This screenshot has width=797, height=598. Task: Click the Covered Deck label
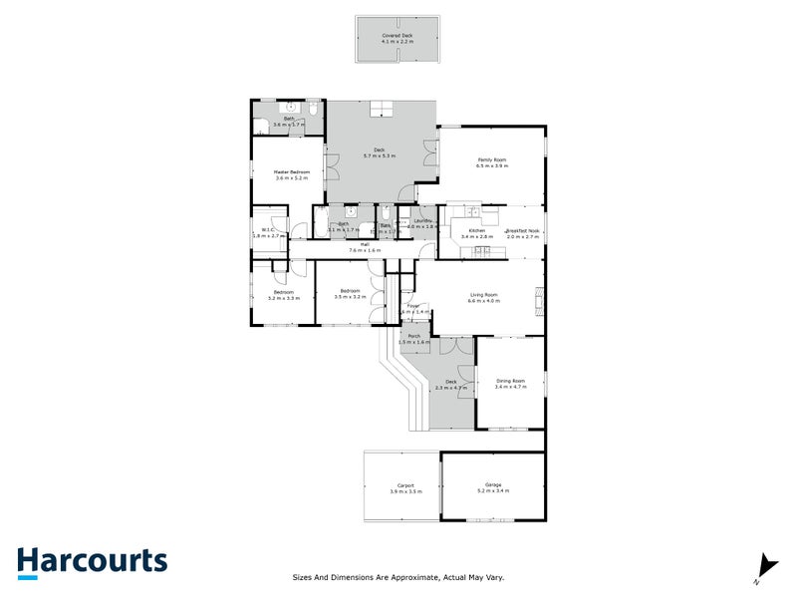pos(397,35)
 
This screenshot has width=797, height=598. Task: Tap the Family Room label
pos(492,159)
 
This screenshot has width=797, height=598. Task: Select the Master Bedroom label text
pos(292,171)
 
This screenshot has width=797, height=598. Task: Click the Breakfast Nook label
pos(522,231)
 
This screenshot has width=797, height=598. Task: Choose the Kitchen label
pos(477,231)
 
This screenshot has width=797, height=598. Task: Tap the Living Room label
pos(484,294)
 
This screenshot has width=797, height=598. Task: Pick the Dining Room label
pos(509,380)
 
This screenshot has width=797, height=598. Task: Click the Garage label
pos(494,485)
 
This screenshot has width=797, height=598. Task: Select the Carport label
pos(405,485)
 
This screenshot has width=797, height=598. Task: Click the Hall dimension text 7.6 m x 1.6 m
pos(366,250)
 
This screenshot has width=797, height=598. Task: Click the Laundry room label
pos(422,220)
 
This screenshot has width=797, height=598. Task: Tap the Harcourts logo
pos(92,561)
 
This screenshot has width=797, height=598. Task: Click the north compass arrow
pos(765,565)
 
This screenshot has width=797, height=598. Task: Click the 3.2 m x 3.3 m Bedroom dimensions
pos(285,298)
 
